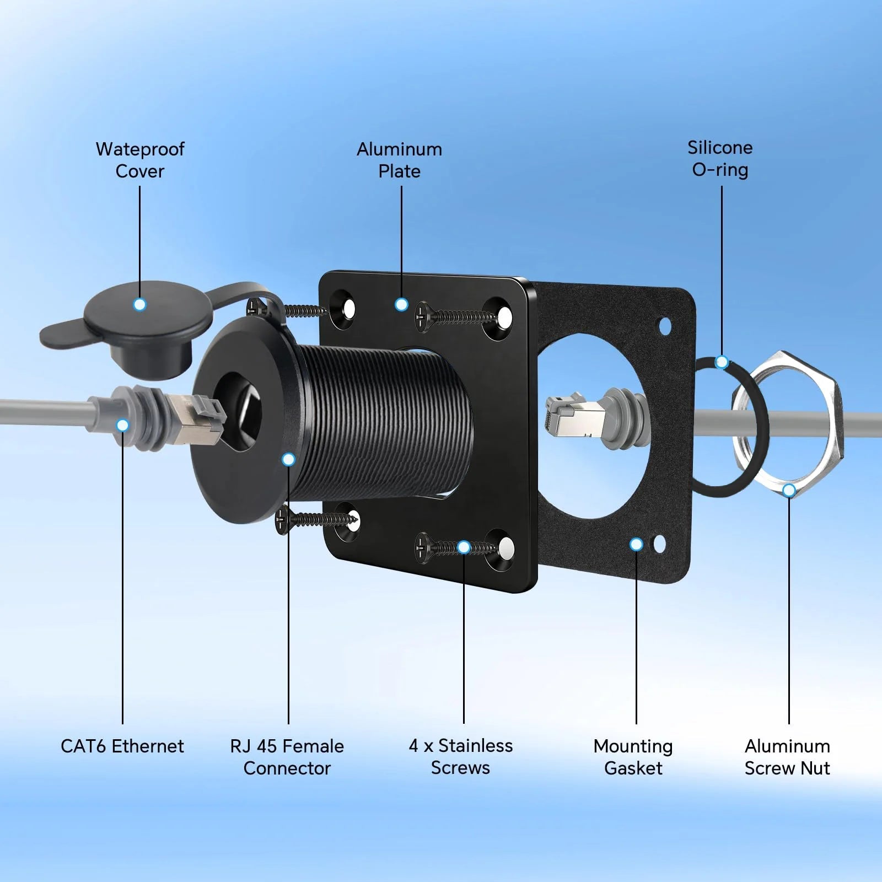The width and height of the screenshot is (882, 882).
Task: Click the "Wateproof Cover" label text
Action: point(140,160)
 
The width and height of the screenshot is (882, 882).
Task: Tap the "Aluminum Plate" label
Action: point(400,160)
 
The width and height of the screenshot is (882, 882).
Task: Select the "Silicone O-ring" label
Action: point(720,159)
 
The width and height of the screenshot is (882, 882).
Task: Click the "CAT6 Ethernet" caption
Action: point(122,746)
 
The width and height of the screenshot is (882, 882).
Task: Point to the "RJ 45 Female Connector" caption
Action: point(287,757)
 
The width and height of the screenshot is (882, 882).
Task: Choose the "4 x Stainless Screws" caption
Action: point(461,756)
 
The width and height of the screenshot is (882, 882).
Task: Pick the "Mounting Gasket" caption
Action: point(633,757)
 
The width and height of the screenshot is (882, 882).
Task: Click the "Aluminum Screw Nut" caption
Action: point(788,757)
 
